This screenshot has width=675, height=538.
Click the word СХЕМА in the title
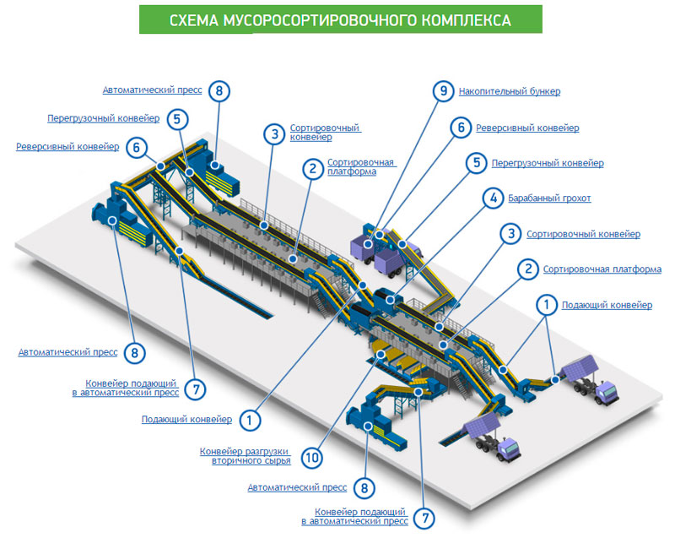(x=193, y=19)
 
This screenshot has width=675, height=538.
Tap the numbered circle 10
(x=312, y=458)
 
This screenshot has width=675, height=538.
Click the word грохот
(x=575, y=198)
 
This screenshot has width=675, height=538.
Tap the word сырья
(x=277, y=461)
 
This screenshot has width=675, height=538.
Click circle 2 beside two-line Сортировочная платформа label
(x=312, y=169)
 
